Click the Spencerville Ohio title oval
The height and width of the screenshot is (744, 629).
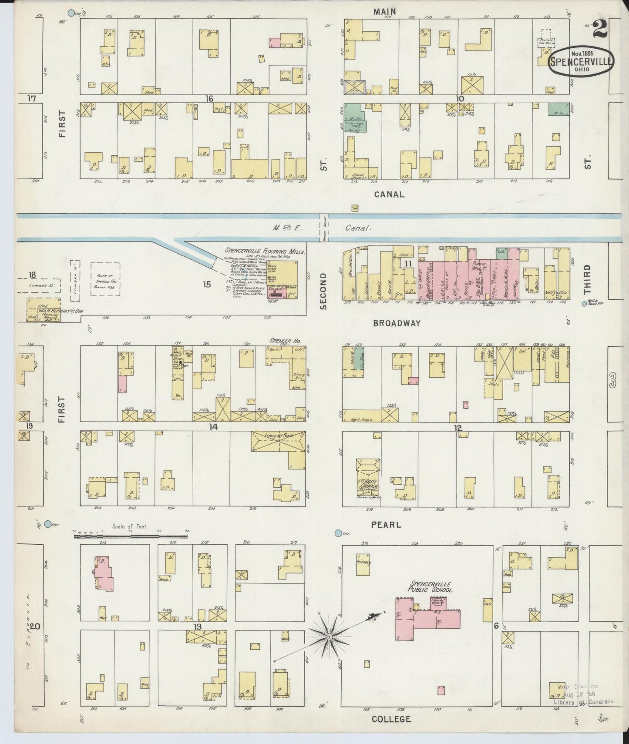click(x=581, y=62)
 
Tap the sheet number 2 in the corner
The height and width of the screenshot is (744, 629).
click(x=600, y=30)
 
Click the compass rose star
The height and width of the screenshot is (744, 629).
click(x=329, y=637)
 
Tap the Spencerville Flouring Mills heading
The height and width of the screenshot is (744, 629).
click(x=265, y=251)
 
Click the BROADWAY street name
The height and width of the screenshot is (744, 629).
click(x=397, y=323)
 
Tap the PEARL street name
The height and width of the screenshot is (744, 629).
click(x=386, y=525)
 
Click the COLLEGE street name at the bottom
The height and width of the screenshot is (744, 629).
click(x=391, y=719)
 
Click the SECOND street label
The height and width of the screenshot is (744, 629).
click(x=323, y=291)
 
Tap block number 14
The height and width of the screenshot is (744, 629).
click(x=213, y=427)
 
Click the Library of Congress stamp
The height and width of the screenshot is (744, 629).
click(x=583, y=695)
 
